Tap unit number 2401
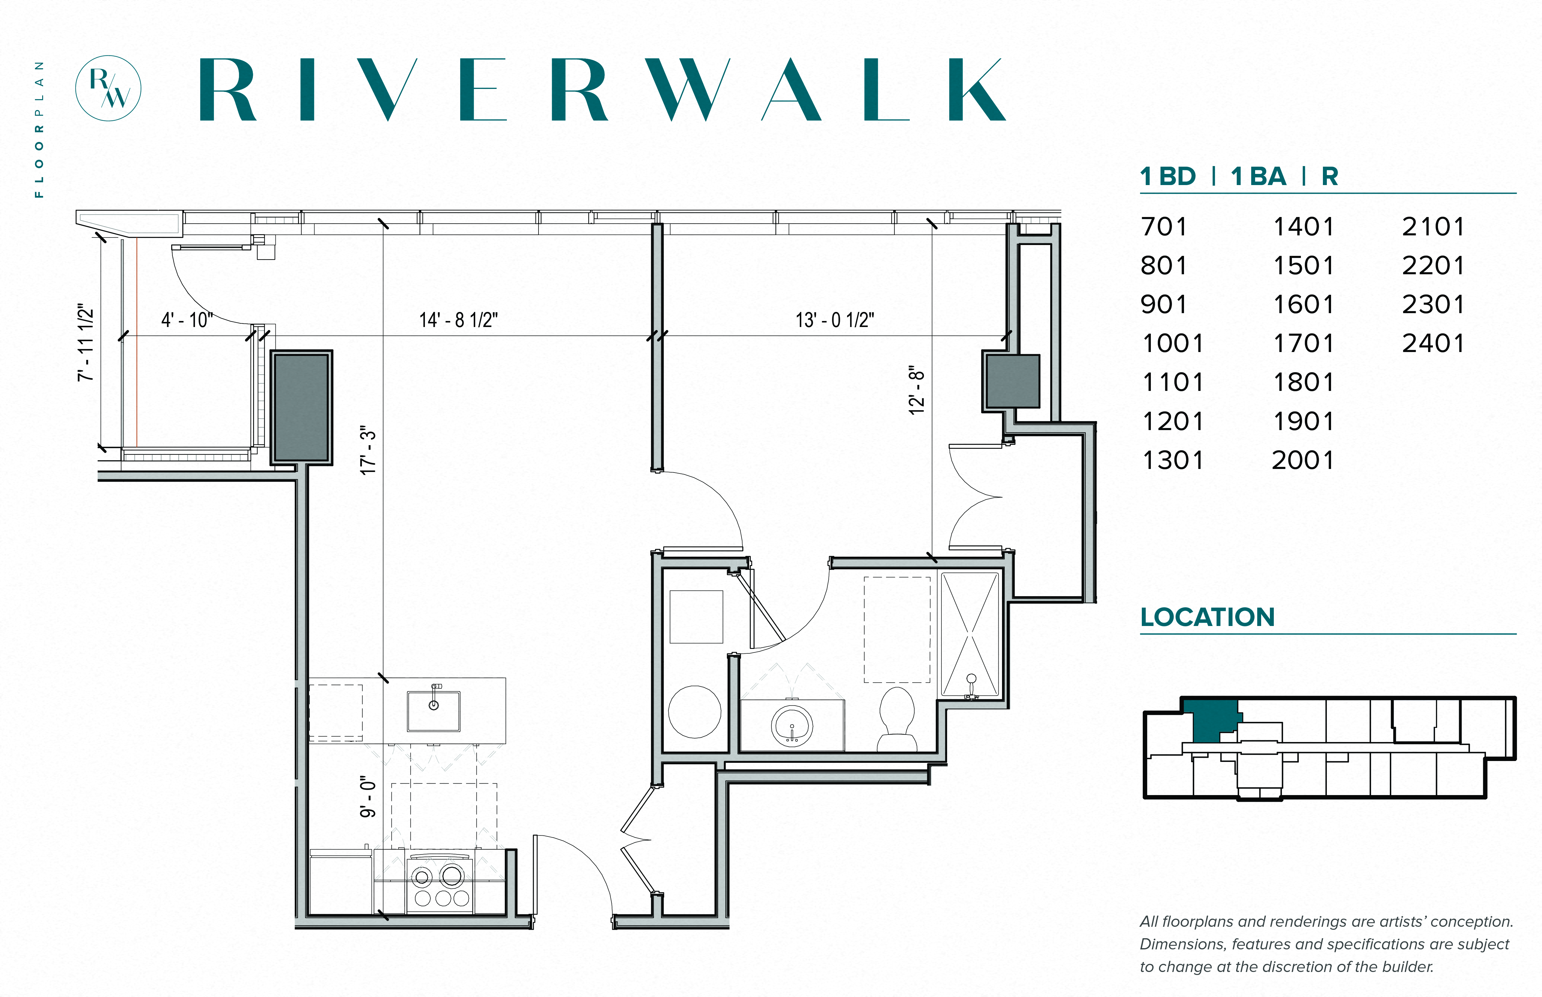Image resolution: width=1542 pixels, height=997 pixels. tap(1433, 343)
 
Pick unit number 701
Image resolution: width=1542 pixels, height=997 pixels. tap(1164, 227)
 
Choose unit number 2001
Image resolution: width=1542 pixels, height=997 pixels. tap(1302, 460)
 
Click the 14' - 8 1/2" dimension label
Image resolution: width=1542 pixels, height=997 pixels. tap(458, 320)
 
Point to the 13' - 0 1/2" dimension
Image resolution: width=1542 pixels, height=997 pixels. tap(834, 320)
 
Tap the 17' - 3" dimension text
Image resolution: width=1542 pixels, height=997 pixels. tap(368, 451)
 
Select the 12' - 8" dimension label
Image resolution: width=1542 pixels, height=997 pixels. tap(917, 390)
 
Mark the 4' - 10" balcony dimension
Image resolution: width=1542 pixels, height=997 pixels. tap(187, 320)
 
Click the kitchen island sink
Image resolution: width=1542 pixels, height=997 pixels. tap(433, 710)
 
